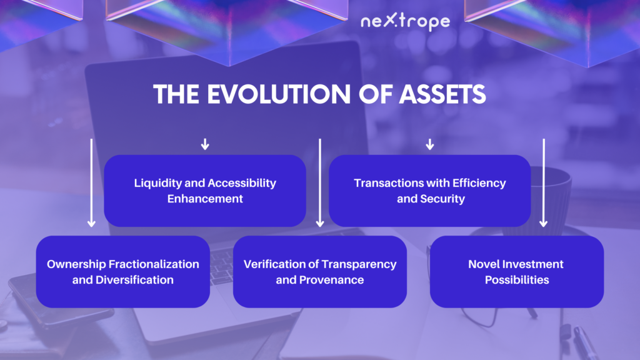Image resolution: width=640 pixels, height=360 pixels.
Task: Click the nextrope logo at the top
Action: click(x=405, y=21)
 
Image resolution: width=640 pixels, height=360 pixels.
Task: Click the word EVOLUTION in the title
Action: click(x=279, y=94)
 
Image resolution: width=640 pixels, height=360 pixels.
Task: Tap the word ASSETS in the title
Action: click(x=442, y=94)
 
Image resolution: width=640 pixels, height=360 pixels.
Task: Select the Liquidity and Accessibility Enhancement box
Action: click(x=205, y=191)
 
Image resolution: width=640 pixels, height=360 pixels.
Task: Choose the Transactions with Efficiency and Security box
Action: click(x=430, y=191)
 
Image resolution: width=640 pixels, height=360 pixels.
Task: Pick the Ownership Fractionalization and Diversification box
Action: click(x=123, y=271)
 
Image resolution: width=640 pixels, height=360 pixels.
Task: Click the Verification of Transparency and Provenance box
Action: click(x=320, y=271)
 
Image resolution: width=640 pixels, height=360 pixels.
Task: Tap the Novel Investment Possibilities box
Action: click(x=517, y=271)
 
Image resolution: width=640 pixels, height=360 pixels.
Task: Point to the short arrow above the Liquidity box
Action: click(x=205, y=144)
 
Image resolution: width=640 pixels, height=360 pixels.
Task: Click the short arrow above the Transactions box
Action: click(x=430, y=144)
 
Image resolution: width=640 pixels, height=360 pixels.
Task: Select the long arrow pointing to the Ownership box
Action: click(x=91, y=183)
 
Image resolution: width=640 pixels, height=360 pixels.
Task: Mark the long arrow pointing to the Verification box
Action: click(x=320, y=183)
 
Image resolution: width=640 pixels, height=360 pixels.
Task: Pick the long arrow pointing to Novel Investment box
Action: click(x=544, y=183)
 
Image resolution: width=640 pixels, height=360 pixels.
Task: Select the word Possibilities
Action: click(x=517, y=280)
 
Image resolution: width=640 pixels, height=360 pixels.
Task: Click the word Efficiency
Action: click(x=479, y=183)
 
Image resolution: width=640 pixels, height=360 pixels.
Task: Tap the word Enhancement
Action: click(x=205, y=199)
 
